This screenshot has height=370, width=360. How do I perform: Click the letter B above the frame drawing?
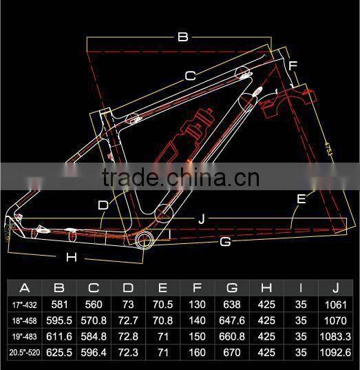(182, 37)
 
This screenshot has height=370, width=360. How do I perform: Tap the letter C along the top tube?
(191, 75)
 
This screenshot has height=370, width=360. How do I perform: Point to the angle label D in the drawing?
(103, 205)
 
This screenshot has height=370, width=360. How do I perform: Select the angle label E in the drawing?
(301, 199)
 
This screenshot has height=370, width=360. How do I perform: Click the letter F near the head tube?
(293, 66)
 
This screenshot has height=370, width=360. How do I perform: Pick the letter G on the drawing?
(225, 242)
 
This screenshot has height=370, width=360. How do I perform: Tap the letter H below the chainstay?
(71, 258)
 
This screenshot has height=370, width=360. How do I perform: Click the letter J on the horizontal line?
(201, 219)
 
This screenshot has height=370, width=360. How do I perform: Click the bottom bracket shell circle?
(147, 239)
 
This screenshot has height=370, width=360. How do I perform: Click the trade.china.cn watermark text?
(180, 178)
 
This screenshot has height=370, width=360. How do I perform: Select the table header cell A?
(25, 288)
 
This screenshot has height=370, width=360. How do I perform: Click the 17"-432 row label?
(25, 305)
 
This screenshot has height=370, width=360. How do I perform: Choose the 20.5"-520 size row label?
(25, 352)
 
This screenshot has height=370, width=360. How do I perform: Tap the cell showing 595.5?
(59, 320)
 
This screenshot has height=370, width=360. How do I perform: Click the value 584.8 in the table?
(94, 336)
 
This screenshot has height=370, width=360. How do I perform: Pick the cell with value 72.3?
(128, 352)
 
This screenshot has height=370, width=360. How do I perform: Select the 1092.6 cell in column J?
(335, 352)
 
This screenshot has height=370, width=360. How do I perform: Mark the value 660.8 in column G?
(232, 336)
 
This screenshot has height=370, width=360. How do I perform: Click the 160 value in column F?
(198, 352)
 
